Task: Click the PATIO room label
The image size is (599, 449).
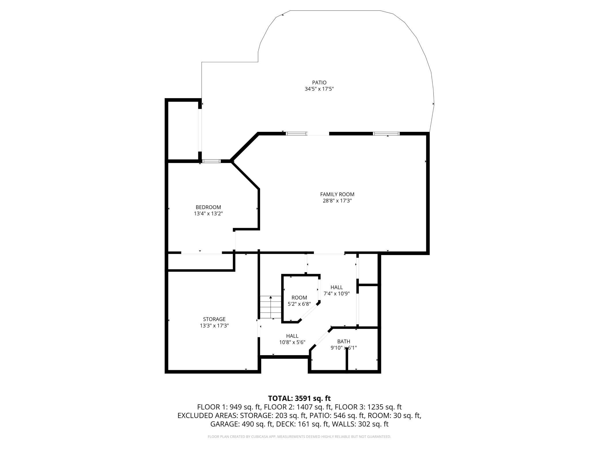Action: [319, 83]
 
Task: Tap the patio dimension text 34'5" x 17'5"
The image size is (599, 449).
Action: [319, 89]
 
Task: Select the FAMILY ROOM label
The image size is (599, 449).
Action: [337, 194]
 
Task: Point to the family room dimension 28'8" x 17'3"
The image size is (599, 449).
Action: [337, 201]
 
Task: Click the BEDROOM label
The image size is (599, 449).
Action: [208, 207]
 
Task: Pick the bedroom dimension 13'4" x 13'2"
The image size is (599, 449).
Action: [208, 214]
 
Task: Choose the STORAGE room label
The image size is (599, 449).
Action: [214, 319]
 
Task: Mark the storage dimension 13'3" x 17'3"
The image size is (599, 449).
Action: [214, 326]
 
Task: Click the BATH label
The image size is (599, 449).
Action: [344, 341]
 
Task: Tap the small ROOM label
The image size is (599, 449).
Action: [299, 298]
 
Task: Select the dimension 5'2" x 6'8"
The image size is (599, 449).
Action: [299, 304]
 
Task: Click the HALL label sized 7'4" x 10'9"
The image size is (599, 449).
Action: [336, 287]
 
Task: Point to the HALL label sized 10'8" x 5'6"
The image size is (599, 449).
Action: [292, 336]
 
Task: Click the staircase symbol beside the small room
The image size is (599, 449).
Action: [271, 307]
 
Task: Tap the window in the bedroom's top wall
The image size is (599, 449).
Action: [211, 161]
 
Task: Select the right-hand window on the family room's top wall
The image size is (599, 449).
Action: [386, 134]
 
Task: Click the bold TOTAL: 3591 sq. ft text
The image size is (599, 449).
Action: [299, 398]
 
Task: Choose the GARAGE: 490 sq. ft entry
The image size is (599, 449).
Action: [242, 424]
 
